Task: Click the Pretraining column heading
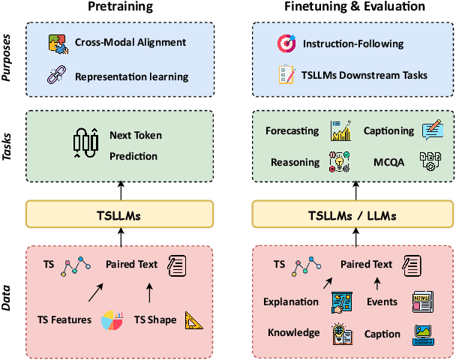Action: point(121,8)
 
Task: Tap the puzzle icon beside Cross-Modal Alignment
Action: point(58,43)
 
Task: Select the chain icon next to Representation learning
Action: point(58,76)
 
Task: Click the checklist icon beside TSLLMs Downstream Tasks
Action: point(285,76)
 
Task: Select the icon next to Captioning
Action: point(433,131)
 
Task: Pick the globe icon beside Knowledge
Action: point(340,333)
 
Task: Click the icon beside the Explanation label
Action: point(340,301)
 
